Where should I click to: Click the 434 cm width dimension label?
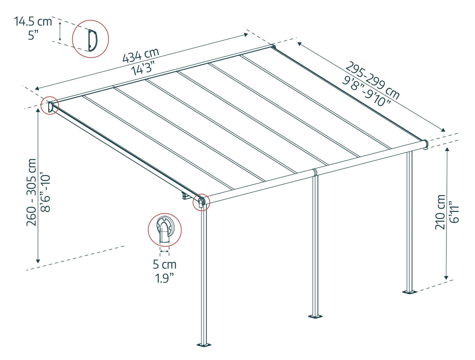coord(141,55)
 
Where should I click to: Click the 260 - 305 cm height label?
coord(31,192)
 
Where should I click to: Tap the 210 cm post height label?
coord(441,212)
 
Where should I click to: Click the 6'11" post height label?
coord(454,212)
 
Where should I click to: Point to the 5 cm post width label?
coord(165,265)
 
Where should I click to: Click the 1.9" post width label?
coord(165,278)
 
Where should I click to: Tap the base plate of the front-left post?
coord(203,345)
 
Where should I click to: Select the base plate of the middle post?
coord(315,316)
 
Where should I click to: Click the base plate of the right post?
coord(410,292)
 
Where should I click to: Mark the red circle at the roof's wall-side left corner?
coord(50,106)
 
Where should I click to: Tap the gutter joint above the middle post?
coord(315,172)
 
